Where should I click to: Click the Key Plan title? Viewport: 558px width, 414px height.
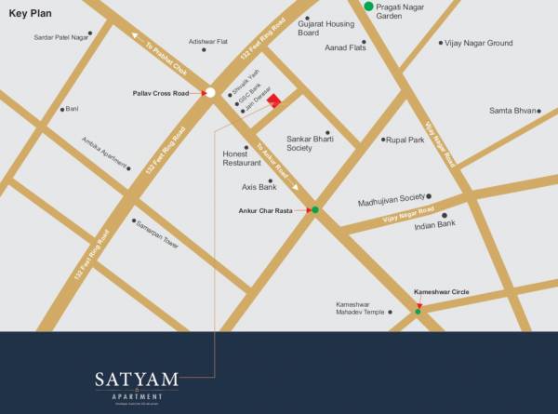click(32, 14)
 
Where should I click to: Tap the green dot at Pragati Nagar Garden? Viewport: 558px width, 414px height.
click(368, 7)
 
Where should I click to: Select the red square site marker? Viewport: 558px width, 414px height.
click(273, 102)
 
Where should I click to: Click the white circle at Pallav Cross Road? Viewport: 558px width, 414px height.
click(211, 92)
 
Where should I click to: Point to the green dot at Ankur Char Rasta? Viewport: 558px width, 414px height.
click(315, 210)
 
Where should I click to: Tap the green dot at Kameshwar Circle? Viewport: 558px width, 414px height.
click(418, 311)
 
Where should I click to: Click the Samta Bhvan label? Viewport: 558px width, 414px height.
click(513, 111)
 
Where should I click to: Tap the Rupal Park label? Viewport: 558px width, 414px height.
click(405, 140)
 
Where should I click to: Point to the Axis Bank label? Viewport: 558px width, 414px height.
click(259, 187)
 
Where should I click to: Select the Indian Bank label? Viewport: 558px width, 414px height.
click(434, 224)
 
